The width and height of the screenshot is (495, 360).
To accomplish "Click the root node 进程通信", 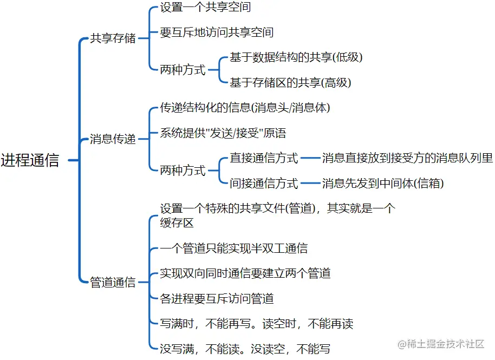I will [30, 161].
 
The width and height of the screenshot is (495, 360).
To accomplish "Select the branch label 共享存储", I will [113, 39].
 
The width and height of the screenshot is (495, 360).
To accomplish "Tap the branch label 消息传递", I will [113, 139].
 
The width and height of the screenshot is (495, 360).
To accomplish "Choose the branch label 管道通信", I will [113, 282].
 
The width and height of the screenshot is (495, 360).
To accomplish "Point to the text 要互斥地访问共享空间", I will [217, 32].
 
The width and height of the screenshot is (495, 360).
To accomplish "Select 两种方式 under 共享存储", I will [183, 70].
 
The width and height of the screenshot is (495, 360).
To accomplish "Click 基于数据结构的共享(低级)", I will [296, 57].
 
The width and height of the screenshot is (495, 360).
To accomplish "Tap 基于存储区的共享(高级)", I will [290, 83].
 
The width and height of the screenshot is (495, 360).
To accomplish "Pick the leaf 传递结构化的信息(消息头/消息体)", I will [245, 108].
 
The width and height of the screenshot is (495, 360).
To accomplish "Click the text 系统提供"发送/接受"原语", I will [223, 133].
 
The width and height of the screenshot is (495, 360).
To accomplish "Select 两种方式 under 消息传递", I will [183, 171].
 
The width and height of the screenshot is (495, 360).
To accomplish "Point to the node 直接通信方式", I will [264, 159].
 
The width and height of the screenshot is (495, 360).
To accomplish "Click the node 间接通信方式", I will [264, 184].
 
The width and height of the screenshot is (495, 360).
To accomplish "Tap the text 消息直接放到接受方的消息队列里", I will [407, 159].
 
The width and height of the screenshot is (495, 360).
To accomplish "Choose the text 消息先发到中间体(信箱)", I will [383, 184].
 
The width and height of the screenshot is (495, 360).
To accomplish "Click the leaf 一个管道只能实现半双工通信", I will [234, 248].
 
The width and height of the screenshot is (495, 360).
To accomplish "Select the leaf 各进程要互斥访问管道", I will [217, 298].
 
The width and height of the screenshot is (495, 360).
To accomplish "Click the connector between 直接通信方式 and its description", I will [310, 159].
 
